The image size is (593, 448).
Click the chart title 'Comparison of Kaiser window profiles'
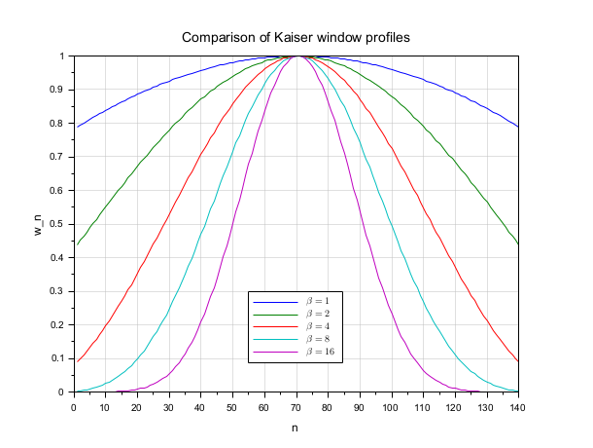click(x=296, y=38)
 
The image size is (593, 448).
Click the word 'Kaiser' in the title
click(x=281, y=38)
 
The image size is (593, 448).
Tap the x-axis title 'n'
click(x=296, y=427)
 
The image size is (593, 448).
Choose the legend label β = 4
click(x=323, y=325)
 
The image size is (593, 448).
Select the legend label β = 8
click(x=323, y=338)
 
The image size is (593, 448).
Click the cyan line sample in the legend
click(x=274, y=338)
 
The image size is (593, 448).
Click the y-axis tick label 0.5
click(x=59, y=224)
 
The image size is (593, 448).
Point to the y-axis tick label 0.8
click(x=59, y=124)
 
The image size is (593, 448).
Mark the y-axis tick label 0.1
click(x=59, y=358)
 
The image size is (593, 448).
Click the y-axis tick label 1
click(x=64, y=56)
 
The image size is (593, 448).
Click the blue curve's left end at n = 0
click(x=75, y=127)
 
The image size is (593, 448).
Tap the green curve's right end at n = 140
click(x=518, y=243)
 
